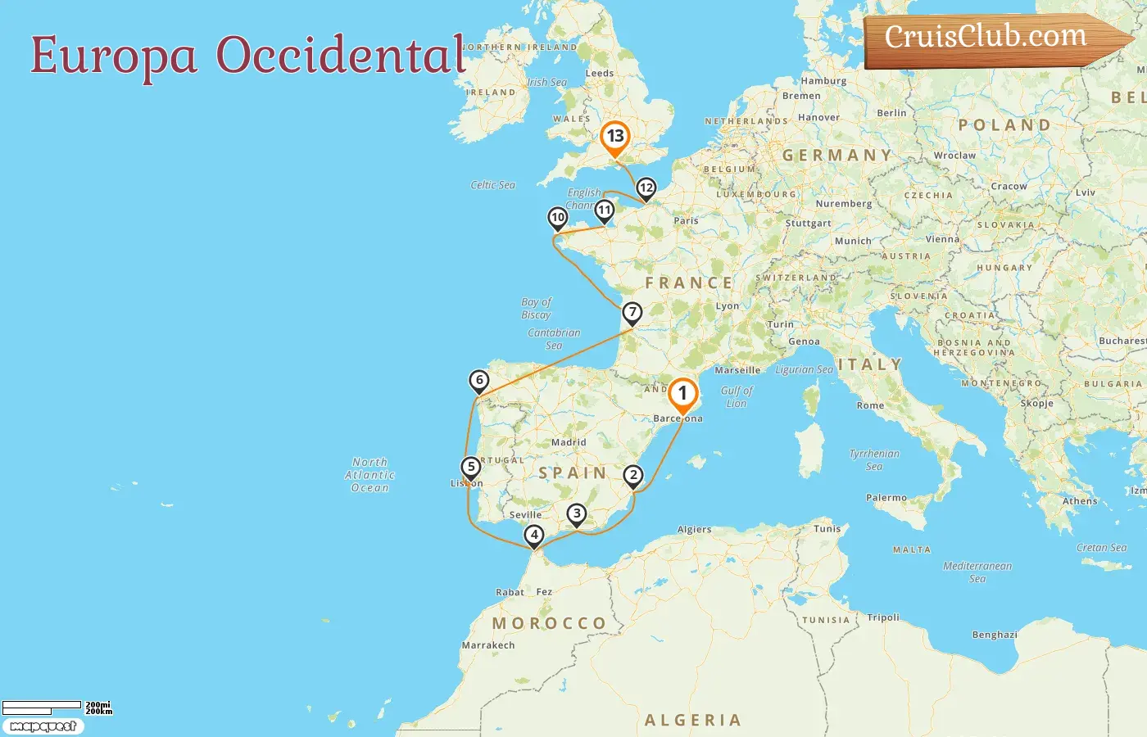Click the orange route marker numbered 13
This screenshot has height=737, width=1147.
pyautogui.click(x=614, y=138)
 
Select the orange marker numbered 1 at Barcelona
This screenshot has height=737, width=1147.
pyautogui.click(x=682, y=394)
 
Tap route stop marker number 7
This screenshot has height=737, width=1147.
pyautogui.click(x=632, y=313)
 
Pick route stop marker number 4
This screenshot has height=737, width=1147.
pyautogui.click(x=534, y=536)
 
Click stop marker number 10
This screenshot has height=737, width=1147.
pyautogui.click(x=558, y=218)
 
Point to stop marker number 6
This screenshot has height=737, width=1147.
pyautogui.click(x=479, y=380)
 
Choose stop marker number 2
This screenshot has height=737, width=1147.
pyautogui.click(x=633, y=476)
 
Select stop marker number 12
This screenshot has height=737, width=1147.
pyautogui.click(x=646, y=188)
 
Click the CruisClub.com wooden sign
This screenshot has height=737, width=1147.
pyautogui.click(x=991, y=38)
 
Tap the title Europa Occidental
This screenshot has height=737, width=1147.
pyautogui.click(x=247, y=55)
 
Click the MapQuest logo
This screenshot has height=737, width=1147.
pyautogui.click(x=43, y=726)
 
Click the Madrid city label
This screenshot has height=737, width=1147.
pyautogui.click(x=569, y=442)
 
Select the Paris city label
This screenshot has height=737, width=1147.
pyautogui.click(x=686, y=220)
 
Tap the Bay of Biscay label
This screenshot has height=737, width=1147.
pyautogui.click(x=537, y=308)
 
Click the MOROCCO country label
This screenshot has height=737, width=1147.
pyautogui.click(x=549, y=623)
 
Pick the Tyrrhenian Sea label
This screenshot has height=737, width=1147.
pyautogui.click(x=874, y=459)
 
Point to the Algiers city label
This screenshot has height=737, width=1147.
pyautogui.click(x=694, y=529)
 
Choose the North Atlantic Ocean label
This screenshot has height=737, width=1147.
pyautogui.click(x=369, y=475)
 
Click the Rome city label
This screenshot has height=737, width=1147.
pyautogui.click(x=870, y=405)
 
